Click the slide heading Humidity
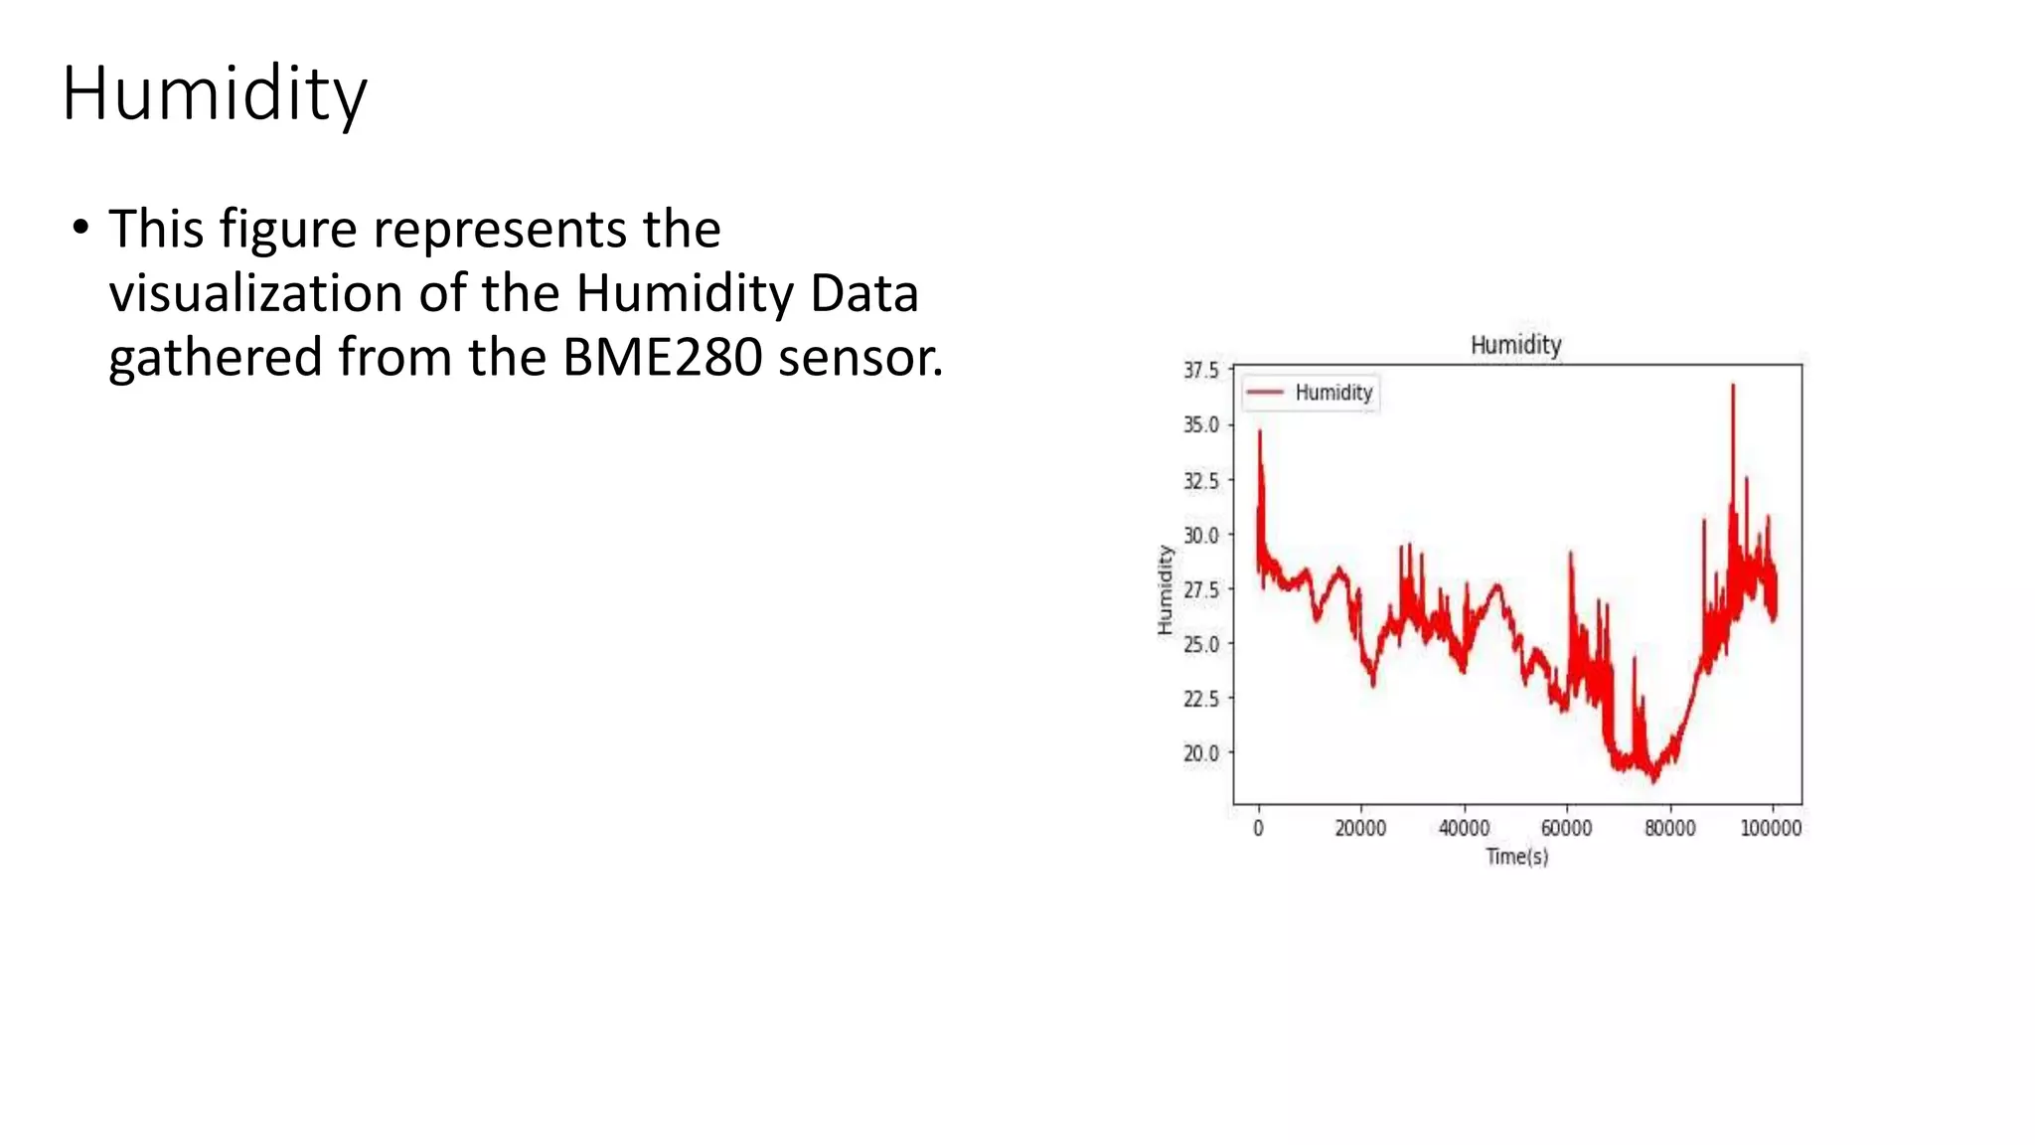click(214, 93)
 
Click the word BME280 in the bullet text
click(662, 358)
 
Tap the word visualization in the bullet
click(255, 294)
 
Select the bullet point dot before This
click(79, 229)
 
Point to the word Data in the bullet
click(863, 294)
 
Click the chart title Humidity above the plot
click(1515, 345)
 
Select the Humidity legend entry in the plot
click(1310, 393)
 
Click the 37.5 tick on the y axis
click(1200, 371)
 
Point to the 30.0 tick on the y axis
click(1200, 536)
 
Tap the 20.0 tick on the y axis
click(1200, 753)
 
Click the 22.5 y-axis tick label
click(1200, 700)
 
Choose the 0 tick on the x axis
click(1258, 829)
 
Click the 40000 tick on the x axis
click(1464, 829)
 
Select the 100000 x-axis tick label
click(1771, 829)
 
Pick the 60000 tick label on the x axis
click(1566, 829)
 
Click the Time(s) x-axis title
click(1516, 857)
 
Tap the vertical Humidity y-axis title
click(1165, 589)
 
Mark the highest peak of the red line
click(1733, 386)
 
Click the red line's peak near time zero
click(1260, 431)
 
